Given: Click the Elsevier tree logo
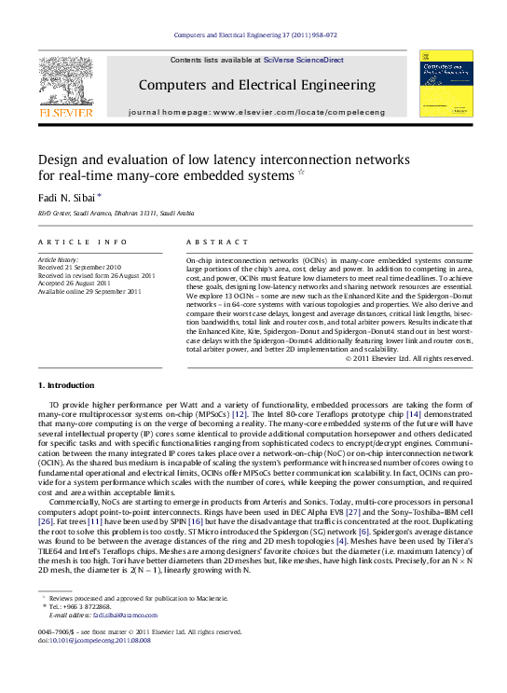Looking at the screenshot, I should pyautogui.click(x=64, y=83).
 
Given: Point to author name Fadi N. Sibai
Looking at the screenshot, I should pyautogui.click(x=69, y=198).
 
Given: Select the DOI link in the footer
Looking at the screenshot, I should pyautogui.click(x=94, y=667).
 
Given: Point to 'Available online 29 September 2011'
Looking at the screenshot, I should pyautogui.click(x=89, y=292).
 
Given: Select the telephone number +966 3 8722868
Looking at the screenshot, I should pyautogui.click(x=81, y=634).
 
